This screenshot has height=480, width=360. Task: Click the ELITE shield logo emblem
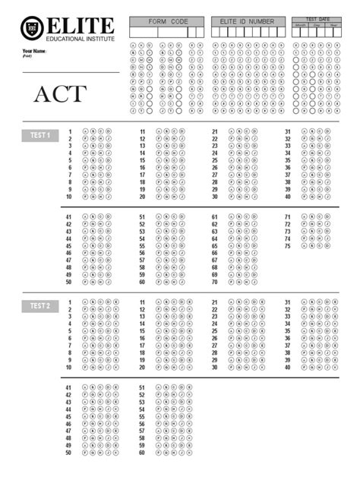pos(32,27)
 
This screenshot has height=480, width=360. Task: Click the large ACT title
pos(59,95)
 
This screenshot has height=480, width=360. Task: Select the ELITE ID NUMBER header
pos(248,22)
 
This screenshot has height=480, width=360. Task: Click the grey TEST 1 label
pos(39,135)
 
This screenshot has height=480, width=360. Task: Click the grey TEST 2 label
pos(39,306)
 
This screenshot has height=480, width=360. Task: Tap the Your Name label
pos(34,51)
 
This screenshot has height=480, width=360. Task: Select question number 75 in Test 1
pos(287,246)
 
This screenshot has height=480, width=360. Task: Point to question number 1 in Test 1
pos(70,131)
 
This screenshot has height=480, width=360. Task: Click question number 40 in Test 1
pos(287,197)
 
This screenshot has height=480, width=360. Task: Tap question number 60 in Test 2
pos(142,453)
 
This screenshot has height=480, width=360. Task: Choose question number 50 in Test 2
pos(69,453)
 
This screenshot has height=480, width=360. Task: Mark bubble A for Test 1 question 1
pos(85,131)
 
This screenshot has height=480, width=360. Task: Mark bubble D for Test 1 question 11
pos(181,131)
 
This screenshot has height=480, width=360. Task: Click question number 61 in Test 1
pos(214,217)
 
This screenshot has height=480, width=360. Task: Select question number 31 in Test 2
pos(287,302)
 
